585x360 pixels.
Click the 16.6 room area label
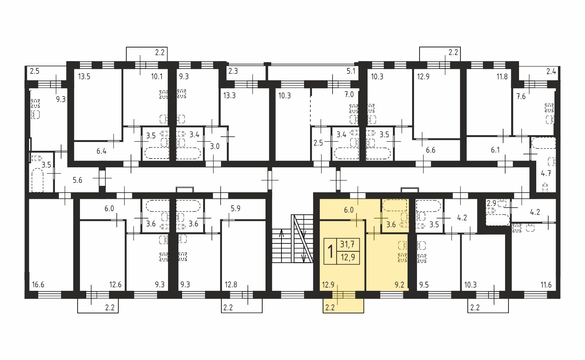(38, 285)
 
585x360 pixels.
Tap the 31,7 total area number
(347, 244)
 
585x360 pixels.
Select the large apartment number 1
(331, 251)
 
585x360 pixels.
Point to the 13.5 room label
(84, 77)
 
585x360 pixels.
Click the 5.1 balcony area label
(351, 71)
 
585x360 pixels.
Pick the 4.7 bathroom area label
(546, 173)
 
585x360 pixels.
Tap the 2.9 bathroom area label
(491, 203)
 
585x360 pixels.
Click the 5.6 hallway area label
(77, 180)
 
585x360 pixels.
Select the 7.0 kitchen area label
(349, 95)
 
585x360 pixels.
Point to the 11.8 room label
(502, 77)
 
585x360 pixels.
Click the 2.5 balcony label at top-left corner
(34, 71)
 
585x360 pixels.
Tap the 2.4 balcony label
(551, 71)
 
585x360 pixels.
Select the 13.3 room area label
(229, 96)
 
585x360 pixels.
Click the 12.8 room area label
(231, 285)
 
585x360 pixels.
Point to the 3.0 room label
(214, 146)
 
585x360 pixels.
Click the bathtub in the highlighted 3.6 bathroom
(395, 205)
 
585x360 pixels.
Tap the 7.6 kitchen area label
(521, 96)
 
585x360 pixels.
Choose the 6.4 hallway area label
(101, 151)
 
